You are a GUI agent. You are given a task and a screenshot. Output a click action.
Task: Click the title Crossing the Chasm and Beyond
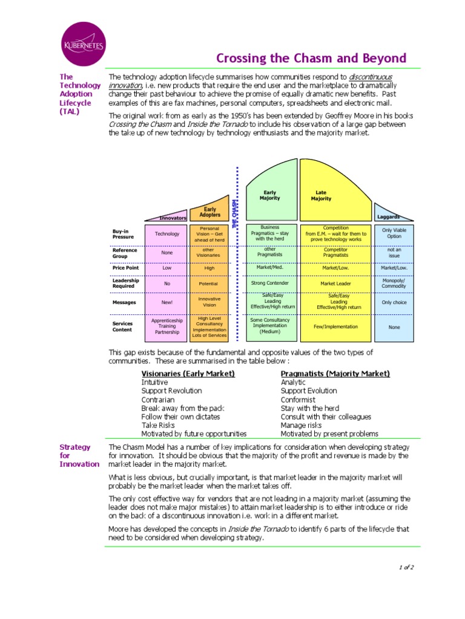pyautogui.click(x=311, y=59)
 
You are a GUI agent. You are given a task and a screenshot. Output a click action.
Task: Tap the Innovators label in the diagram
pyautogui.click(x=173, y=218)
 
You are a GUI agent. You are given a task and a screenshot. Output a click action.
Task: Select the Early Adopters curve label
pyautogui.click(x=209, y=212)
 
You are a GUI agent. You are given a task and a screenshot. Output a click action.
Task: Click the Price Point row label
pyautogui.click(x=125, y=267)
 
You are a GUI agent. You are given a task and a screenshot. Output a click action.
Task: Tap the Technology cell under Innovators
pyautogui.click(x=167, y=234)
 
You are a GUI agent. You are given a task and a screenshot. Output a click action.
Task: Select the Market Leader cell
pyautogui.click(x=335, y=283)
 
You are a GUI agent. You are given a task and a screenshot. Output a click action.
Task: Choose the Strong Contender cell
pyautogui.click(x=269, y=283)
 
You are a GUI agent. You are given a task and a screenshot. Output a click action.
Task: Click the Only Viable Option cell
pyautogui.click(x=394, y=233)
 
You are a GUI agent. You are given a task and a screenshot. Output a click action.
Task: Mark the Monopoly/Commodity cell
pyautogui.click(x=394, y=283)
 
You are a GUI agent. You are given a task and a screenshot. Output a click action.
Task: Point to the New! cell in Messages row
pyautogui.click(x=167, y=302)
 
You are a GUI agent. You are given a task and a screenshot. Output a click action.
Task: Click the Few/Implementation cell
pyautogui.click(x=335, y=326)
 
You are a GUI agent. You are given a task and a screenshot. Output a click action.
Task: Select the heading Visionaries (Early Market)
pyautogui.click(x=188, y=374)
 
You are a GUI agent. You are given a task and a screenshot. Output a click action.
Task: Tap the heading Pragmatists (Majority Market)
pyautogui.click(x=335, y=374)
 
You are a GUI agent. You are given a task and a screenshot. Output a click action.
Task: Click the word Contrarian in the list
pyautogui.click(x=158, y=400)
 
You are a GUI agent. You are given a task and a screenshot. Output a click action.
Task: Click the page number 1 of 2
pyautogui.click(x=406, y=567)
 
